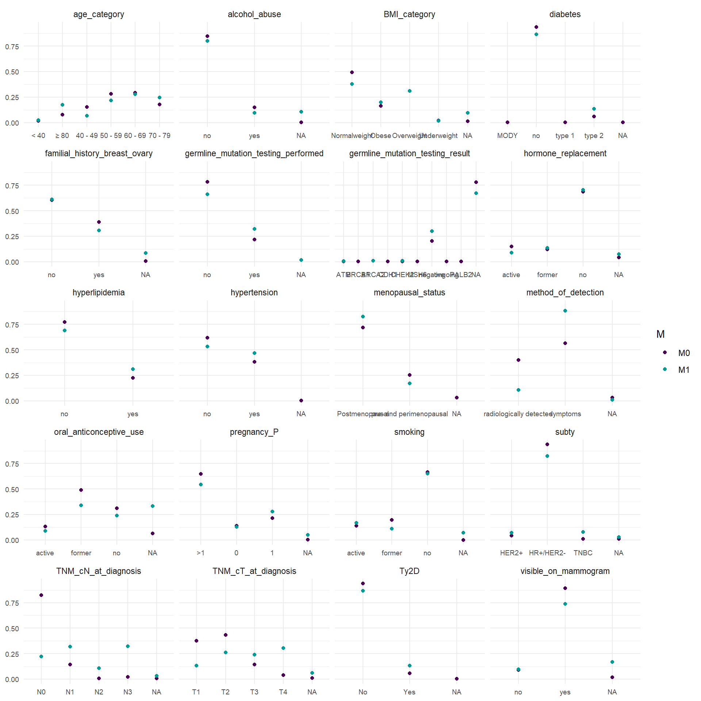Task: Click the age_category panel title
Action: [99, 14]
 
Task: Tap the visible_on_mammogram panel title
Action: [565, 571]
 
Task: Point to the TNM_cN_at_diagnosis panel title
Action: [99, 571]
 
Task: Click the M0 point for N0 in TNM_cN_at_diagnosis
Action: [41, 595]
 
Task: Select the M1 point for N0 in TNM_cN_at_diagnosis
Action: [41, 656]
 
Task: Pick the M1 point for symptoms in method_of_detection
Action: [565, 311]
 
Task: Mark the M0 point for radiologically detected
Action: [518, 360]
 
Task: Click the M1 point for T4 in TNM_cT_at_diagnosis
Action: [283, 648]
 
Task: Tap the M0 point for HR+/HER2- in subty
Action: [547, 444]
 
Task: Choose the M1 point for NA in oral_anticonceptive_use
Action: [153, 506]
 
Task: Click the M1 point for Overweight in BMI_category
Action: [410, 91]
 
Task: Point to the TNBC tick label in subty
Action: [583, 553]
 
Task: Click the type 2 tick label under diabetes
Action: [594, 135]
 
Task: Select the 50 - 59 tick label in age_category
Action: [111, 135]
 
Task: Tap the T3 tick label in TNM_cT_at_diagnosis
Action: [254, 692]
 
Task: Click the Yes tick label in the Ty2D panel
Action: [409, 692]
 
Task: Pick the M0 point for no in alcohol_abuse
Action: [207, 36]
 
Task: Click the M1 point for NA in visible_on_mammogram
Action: [612, 662]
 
